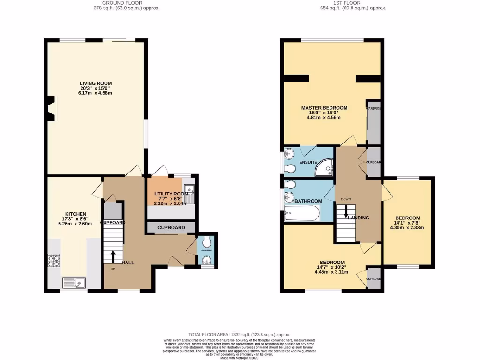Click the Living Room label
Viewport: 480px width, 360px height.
click(95, 83)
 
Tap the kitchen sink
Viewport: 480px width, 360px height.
click(75, 283)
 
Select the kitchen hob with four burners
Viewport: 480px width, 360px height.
click(54, 260)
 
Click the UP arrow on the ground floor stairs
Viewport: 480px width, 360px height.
click(113, 257)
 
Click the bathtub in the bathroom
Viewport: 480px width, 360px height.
click(302, 215)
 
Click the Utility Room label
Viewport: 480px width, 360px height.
click(171, 193)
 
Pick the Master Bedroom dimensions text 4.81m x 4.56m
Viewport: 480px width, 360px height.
click(324, 118)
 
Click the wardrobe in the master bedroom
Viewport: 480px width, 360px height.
click(374, 125)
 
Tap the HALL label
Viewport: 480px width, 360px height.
click(128, 262)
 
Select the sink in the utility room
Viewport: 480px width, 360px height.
click(189, 189)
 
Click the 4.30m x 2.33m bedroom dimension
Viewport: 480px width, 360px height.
click(407, 228)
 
